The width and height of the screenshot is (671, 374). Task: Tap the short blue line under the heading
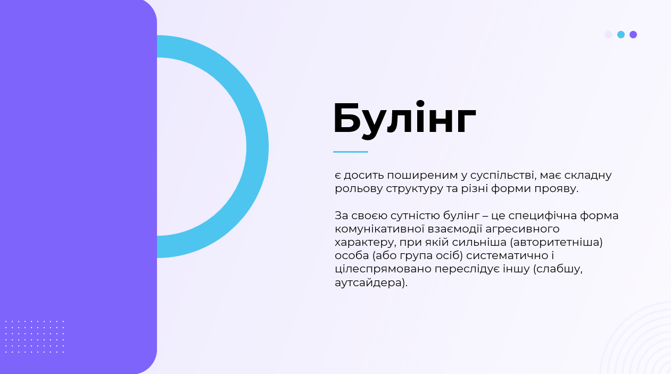pyautogui.click(x=351, y=152)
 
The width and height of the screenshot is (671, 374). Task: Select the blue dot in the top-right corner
pyautogui.click(x=621, y=35)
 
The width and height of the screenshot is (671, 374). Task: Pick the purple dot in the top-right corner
pyautogui.click(x=633, y=35)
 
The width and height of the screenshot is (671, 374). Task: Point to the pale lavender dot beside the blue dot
pyautogui.click(x=608, y=35)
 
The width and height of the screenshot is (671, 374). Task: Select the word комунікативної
pyautogui.click(x=379, y=229)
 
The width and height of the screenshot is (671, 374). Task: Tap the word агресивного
pyautogui.click(x=523, y=229)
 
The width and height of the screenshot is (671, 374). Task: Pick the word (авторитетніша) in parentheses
pyautogui.click(x=556, y=242)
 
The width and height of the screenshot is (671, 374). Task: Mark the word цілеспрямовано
pyautogui.click(x=383, y=269)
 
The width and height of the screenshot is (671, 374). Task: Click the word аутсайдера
pyautogui.click(x=371, y=282)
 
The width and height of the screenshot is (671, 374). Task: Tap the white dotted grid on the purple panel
pyautogui.click(x=35, y=337)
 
